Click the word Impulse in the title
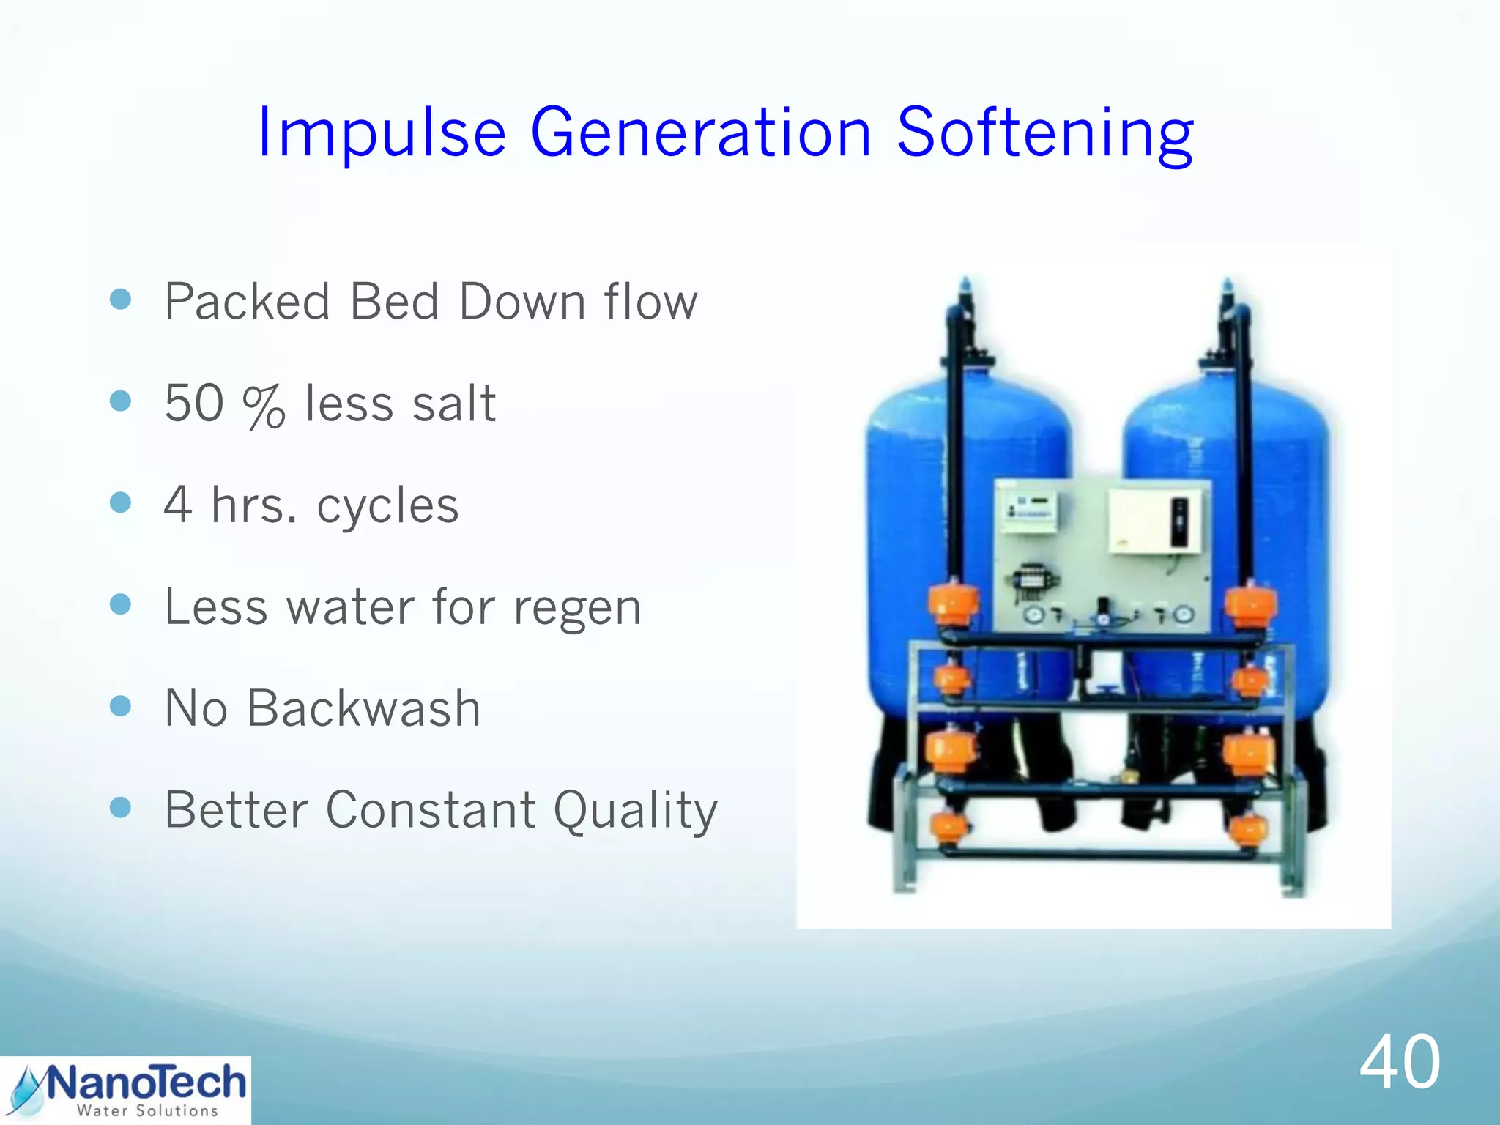point(382,133)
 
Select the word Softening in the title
point(1045,133)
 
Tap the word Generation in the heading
point(700,133)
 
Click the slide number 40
point(1400,1062)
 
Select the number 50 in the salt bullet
point(194,403)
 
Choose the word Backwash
point(363,709)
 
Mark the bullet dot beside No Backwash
point(120,706)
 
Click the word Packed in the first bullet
point(248,302)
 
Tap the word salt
point(454,403)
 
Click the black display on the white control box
point(1178,521)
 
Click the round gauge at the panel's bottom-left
point(1033,615)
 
